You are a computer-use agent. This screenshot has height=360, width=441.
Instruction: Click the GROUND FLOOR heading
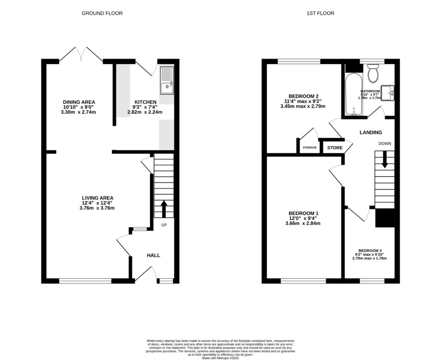tap(102, 13)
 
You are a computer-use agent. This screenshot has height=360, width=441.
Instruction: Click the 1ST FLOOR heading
tap(320, 13)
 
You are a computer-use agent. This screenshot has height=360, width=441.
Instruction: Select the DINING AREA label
tap(79, 102)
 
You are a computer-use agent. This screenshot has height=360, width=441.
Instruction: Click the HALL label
tap(153, 255)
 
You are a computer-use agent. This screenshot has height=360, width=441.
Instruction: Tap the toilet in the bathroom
tap(373, 74)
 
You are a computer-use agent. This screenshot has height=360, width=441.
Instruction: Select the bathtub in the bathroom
tap(353, 95)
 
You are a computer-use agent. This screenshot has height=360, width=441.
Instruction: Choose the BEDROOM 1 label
tap(303, 213)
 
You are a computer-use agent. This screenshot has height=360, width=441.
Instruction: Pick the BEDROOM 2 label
tap(303, 96)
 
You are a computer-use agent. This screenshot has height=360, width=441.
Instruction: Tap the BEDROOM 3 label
tap(370, 250)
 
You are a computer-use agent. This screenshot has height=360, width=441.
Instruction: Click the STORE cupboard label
tap(335, 148)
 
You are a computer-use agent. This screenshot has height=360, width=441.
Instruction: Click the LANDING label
tap(371, 132)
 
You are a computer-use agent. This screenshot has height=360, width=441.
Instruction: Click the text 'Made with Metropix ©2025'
tap(220, 357)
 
